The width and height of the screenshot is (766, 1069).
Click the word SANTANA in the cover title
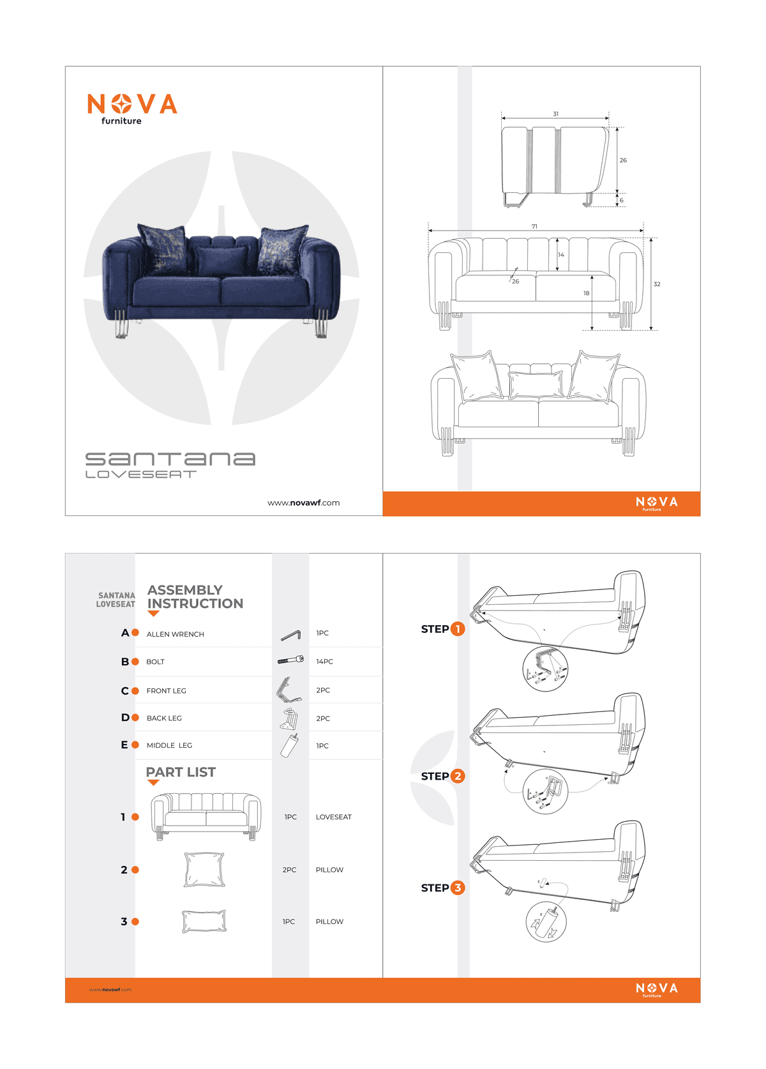click(170, 459)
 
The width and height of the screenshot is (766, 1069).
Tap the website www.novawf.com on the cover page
click(303, 503)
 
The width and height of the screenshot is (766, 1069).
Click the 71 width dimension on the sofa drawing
click(534, 226)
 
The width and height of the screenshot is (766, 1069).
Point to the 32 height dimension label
click(657, 284)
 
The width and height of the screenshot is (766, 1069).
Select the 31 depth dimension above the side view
click(555, 114)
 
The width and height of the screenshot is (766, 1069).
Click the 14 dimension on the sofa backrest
click(561, 255)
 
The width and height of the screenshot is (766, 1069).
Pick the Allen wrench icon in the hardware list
click(290, 635)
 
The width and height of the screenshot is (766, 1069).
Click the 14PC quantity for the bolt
click(324, 662)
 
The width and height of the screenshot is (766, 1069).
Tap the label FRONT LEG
click(167, 690)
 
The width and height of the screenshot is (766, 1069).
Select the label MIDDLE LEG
click(169, 745)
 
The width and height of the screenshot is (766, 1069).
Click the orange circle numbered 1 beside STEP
click(458, 629)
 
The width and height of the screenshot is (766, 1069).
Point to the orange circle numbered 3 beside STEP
click(458, 888)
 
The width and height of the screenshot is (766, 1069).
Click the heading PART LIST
click(181, 772)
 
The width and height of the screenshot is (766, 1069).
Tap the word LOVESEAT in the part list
click(333, 817)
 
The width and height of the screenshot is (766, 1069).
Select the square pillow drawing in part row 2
click(204, 869)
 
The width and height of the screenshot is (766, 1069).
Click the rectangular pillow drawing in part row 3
click(204, 921)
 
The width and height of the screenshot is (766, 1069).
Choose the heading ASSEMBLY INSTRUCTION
click(195, 596)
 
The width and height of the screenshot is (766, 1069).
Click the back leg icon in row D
click(290, 719)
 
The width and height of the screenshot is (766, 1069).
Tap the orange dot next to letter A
click(135, 633)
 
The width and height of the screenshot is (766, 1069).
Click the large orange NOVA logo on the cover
click(132, 105)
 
